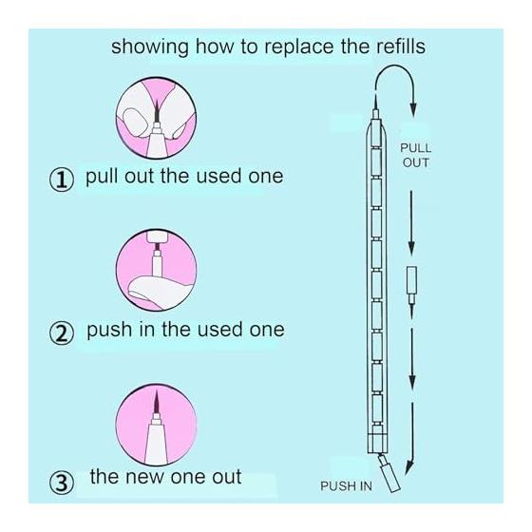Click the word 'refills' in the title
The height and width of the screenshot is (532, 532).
(401, 47)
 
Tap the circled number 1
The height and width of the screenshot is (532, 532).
(62, 180)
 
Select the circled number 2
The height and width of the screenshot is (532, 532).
(62, 333)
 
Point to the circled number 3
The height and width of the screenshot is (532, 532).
(62, 483)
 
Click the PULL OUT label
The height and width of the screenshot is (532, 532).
(416, 156)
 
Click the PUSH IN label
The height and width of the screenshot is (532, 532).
(346, 486)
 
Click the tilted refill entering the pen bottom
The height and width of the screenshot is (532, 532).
(389, 473)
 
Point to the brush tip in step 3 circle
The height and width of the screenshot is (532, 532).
(157, 401)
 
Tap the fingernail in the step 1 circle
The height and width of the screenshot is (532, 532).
(135, 122)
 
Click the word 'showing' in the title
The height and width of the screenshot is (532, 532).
(150, 47)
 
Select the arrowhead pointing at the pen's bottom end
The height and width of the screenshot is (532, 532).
(409, 468)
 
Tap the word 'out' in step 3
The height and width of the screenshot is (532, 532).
(227, 477)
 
